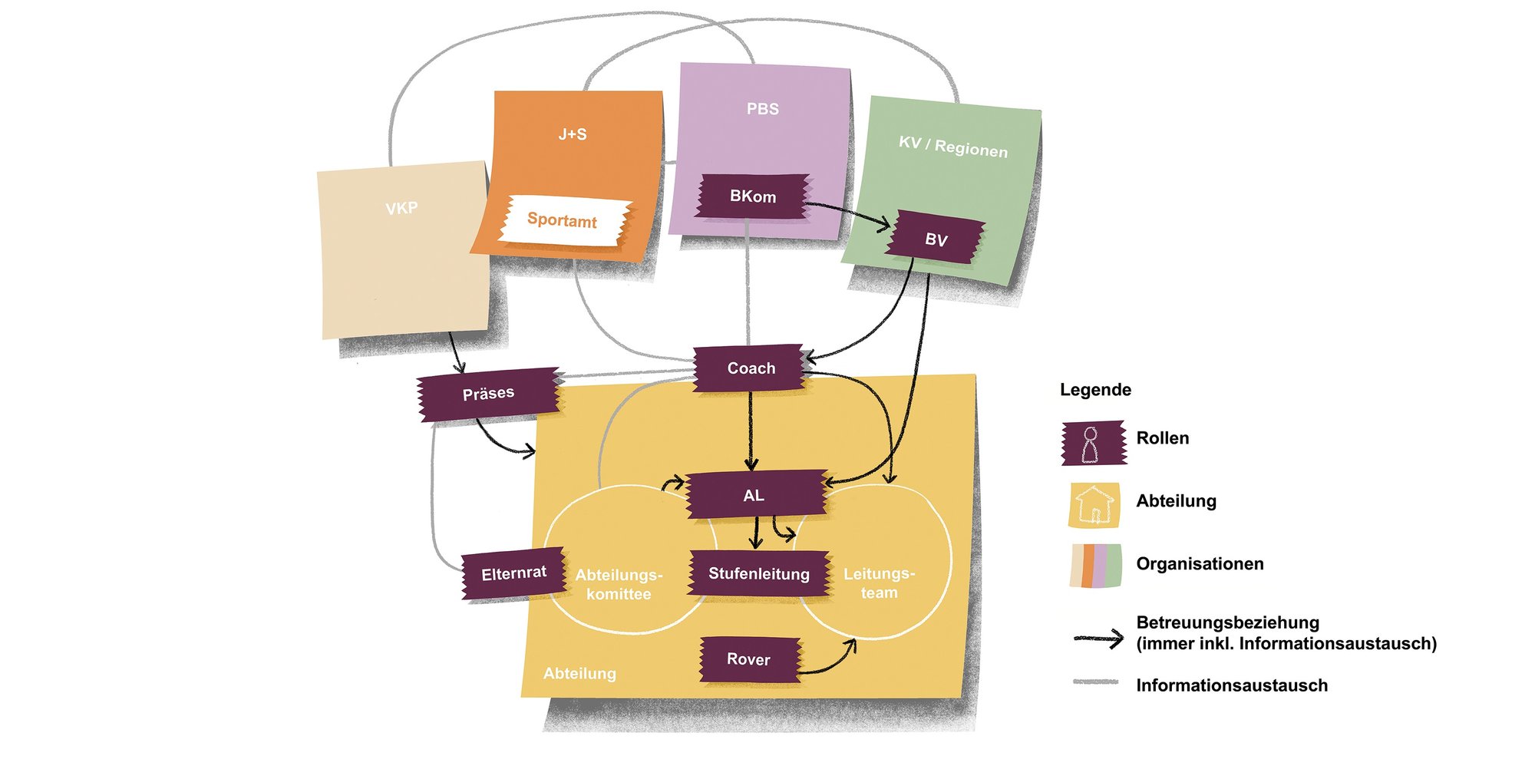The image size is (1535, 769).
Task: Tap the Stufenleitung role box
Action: pos(759,573)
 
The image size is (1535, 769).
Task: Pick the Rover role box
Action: pos(749,659)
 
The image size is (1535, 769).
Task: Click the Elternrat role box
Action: pos(513,573)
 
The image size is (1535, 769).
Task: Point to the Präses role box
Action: pos(488,394)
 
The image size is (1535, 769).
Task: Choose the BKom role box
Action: pos(753,196)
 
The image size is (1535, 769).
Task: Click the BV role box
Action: pos(936,239)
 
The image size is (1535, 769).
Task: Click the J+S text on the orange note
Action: pos(573,134)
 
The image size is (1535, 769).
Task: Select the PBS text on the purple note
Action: pos(763,109)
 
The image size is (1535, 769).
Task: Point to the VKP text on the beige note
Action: pos(401,208)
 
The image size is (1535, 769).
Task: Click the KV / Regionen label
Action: pos(953,146)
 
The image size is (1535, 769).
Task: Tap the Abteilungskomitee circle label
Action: pos(619,584)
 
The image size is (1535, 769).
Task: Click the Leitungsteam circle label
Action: pos(879,583)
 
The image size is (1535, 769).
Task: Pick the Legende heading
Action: pos(1095,390)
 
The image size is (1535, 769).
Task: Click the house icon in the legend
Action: pos(1094,505)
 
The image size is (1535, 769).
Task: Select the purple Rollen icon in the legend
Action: pos(1094,443)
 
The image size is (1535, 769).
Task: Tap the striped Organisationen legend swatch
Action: pos(1096,566)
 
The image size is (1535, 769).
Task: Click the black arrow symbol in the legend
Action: pos(1099,639)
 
